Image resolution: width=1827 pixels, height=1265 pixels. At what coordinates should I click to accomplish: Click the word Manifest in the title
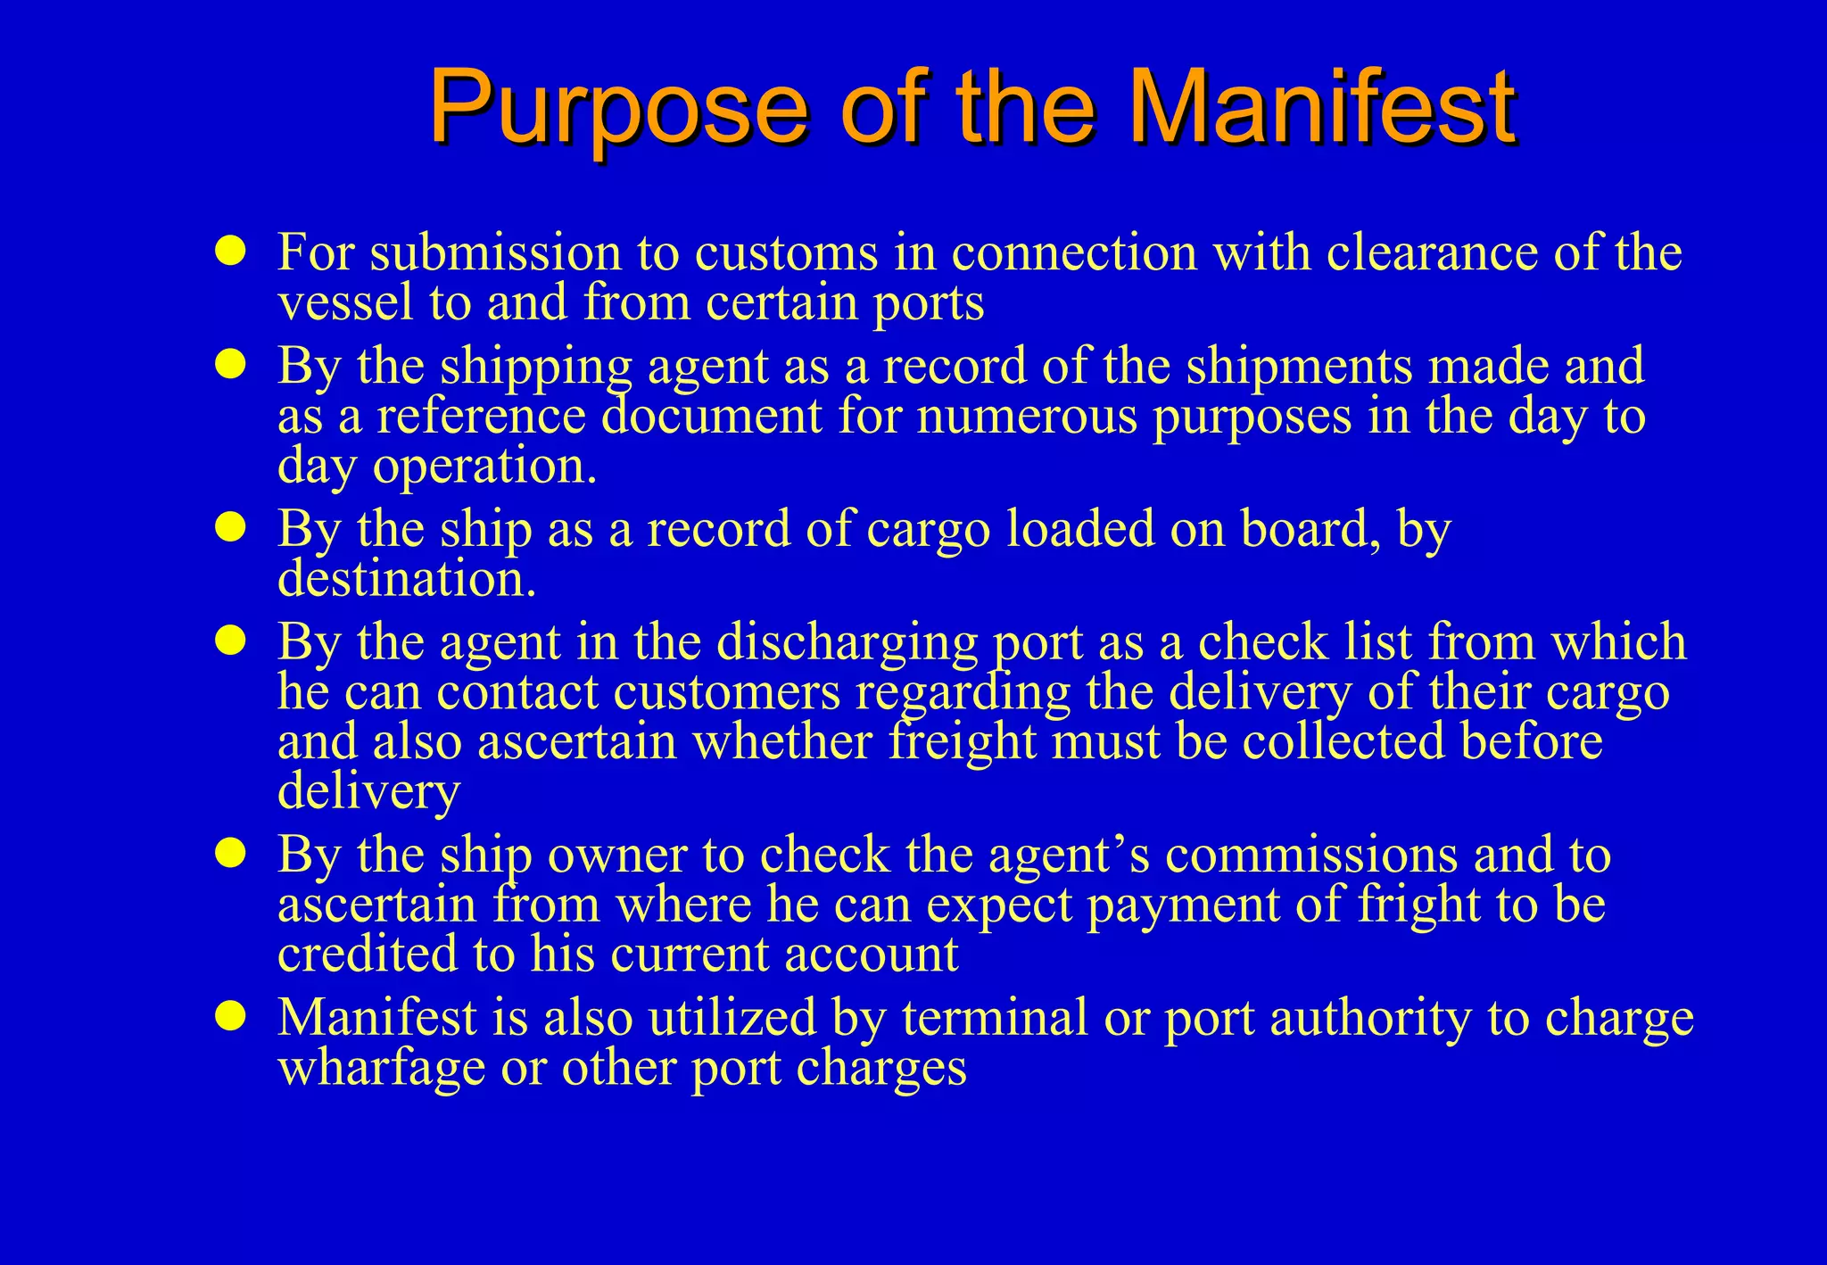(x=1323, y=108)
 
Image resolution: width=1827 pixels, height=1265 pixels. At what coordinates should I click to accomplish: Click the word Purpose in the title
(x=618, y=108)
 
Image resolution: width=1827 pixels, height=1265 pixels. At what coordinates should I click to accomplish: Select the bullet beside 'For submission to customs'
(x=230, y=252)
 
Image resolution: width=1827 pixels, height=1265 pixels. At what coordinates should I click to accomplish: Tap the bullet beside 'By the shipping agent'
(x=230, y=365)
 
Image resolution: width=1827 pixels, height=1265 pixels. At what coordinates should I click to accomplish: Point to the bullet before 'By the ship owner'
(x=230, y=854)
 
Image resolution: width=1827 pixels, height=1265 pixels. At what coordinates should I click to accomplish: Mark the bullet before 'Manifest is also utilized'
(x=230, y=1016)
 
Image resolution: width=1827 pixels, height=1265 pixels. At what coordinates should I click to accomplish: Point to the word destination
(x=406, y=580)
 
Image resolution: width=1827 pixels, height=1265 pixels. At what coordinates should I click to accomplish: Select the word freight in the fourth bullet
(x=962, y=743)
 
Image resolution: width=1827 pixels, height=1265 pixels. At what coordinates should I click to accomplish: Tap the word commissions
(x=1310, y=856)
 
